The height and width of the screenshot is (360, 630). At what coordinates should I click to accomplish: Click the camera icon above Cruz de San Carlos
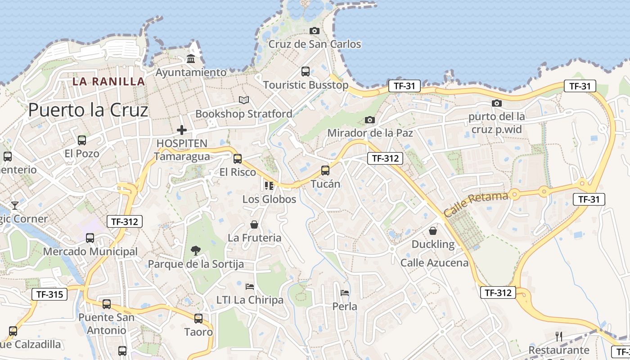coord(315,31)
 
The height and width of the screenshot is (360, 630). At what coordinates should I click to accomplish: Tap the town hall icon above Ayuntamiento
coord(191,59)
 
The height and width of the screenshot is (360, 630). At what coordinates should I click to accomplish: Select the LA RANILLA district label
coord(109,81)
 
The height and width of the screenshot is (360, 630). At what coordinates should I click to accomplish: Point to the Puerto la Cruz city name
coord(88,110)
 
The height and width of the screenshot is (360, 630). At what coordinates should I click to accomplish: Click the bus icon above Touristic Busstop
coord(306,71)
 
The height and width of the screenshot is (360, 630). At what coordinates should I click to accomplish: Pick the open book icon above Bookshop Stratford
coord(244,100)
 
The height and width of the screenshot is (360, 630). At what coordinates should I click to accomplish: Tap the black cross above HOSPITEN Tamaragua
coord(182,130)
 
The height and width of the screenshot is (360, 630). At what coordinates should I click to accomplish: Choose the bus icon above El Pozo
coord(82,140)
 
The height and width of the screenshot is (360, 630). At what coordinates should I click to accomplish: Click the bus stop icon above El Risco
coord(238,158)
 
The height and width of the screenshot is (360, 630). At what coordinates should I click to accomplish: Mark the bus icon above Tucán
coord(325,171)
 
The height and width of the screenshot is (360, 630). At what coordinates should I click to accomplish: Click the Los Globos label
coord(269,199)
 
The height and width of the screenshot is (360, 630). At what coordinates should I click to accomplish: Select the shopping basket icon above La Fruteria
coord(254,224)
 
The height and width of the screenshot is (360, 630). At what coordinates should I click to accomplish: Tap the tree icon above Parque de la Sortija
coord(196,250)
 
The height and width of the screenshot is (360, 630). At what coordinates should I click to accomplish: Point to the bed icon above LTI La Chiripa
coord(250,286)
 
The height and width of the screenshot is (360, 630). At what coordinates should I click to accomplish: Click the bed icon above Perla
coord(345,292)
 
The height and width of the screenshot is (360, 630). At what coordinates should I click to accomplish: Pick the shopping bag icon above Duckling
coord(433,231)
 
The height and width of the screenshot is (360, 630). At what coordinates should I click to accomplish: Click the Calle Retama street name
coord(476,204)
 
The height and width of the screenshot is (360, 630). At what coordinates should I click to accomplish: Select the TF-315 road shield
coord(49,295)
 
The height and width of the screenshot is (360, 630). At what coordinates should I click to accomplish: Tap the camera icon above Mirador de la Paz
coord(370,120)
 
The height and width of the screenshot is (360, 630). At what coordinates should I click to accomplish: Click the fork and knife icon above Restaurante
coord(559,336)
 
